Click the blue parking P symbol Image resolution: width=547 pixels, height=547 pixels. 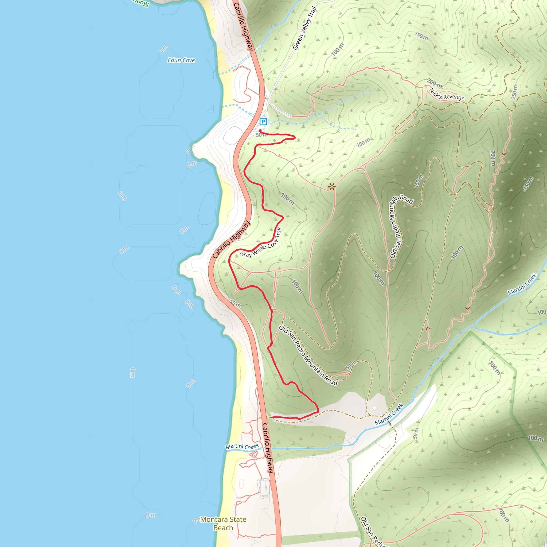pos(263,122)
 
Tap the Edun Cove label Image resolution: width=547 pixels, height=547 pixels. pos(181,60)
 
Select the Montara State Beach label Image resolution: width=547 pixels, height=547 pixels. pos(223,523)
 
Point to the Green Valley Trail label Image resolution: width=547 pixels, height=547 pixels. pos(304,28)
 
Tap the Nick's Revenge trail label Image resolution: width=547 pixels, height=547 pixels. pos(447,94)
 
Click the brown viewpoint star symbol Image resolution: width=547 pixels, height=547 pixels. pos(331,187)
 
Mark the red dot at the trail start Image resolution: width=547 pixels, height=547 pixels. pos(260,131)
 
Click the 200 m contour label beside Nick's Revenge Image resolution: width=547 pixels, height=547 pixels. pos(435,83)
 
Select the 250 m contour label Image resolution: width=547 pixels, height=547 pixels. pos(514,92)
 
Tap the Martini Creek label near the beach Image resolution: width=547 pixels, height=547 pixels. pos(242,447)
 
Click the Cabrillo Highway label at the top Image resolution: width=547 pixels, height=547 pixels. pos(243,27)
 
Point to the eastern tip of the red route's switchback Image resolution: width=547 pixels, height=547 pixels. pos(295,138)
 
